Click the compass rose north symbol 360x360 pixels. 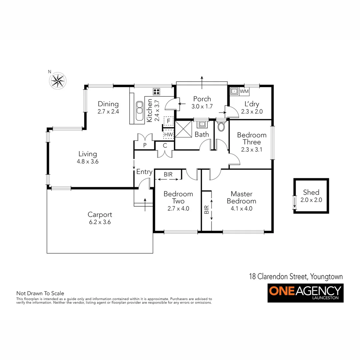tap(58, 80)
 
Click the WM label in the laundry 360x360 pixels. tap(244, 91)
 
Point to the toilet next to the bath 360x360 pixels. tap(221, 126)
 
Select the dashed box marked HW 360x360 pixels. tap(169, 134)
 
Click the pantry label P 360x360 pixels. tap(145, 145)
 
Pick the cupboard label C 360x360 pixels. tap(165, 145)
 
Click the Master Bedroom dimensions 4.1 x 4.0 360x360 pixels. tap(241, 209)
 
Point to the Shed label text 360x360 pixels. tap(311, 192)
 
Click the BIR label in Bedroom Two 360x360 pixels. tap(168, 174)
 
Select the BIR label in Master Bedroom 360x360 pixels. tap(207, 210)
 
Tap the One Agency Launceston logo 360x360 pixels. tap(305, 293)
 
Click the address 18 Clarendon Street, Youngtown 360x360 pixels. tap(296, 276)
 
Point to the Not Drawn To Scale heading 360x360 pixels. tap(40, 293)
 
